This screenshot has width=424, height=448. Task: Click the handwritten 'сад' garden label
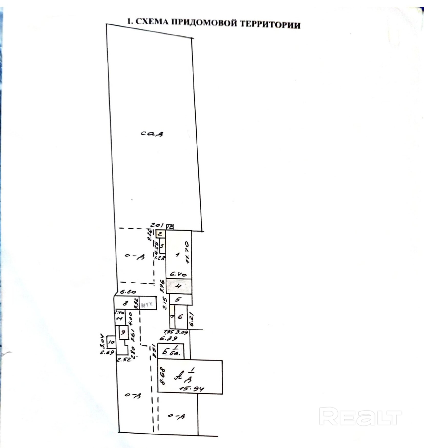[x=152, y=133]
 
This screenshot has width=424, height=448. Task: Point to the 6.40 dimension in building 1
[x=178, y=274]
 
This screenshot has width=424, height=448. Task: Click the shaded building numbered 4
[x=179, y=286]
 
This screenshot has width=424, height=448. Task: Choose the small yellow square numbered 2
[x=160, y=234]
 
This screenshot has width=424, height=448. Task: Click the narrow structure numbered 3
[x=162, y=246]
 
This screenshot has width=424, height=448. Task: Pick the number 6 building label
[x=180, y=317]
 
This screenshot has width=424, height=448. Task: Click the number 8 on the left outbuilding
[x=125, y=303]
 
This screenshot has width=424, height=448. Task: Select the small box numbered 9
[x=123, y=332]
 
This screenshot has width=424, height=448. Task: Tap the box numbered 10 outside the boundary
[x=111, y=342]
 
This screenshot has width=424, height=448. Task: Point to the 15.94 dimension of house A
[x=191, y=389]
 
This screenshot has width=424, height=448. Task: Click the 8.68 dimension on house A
[x=162, y=376]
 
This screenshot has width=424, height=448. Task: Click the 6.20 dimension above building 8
[x=128, y=292]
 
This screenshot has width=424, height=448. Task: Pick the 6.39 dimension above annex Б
[x=168, y=339]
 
